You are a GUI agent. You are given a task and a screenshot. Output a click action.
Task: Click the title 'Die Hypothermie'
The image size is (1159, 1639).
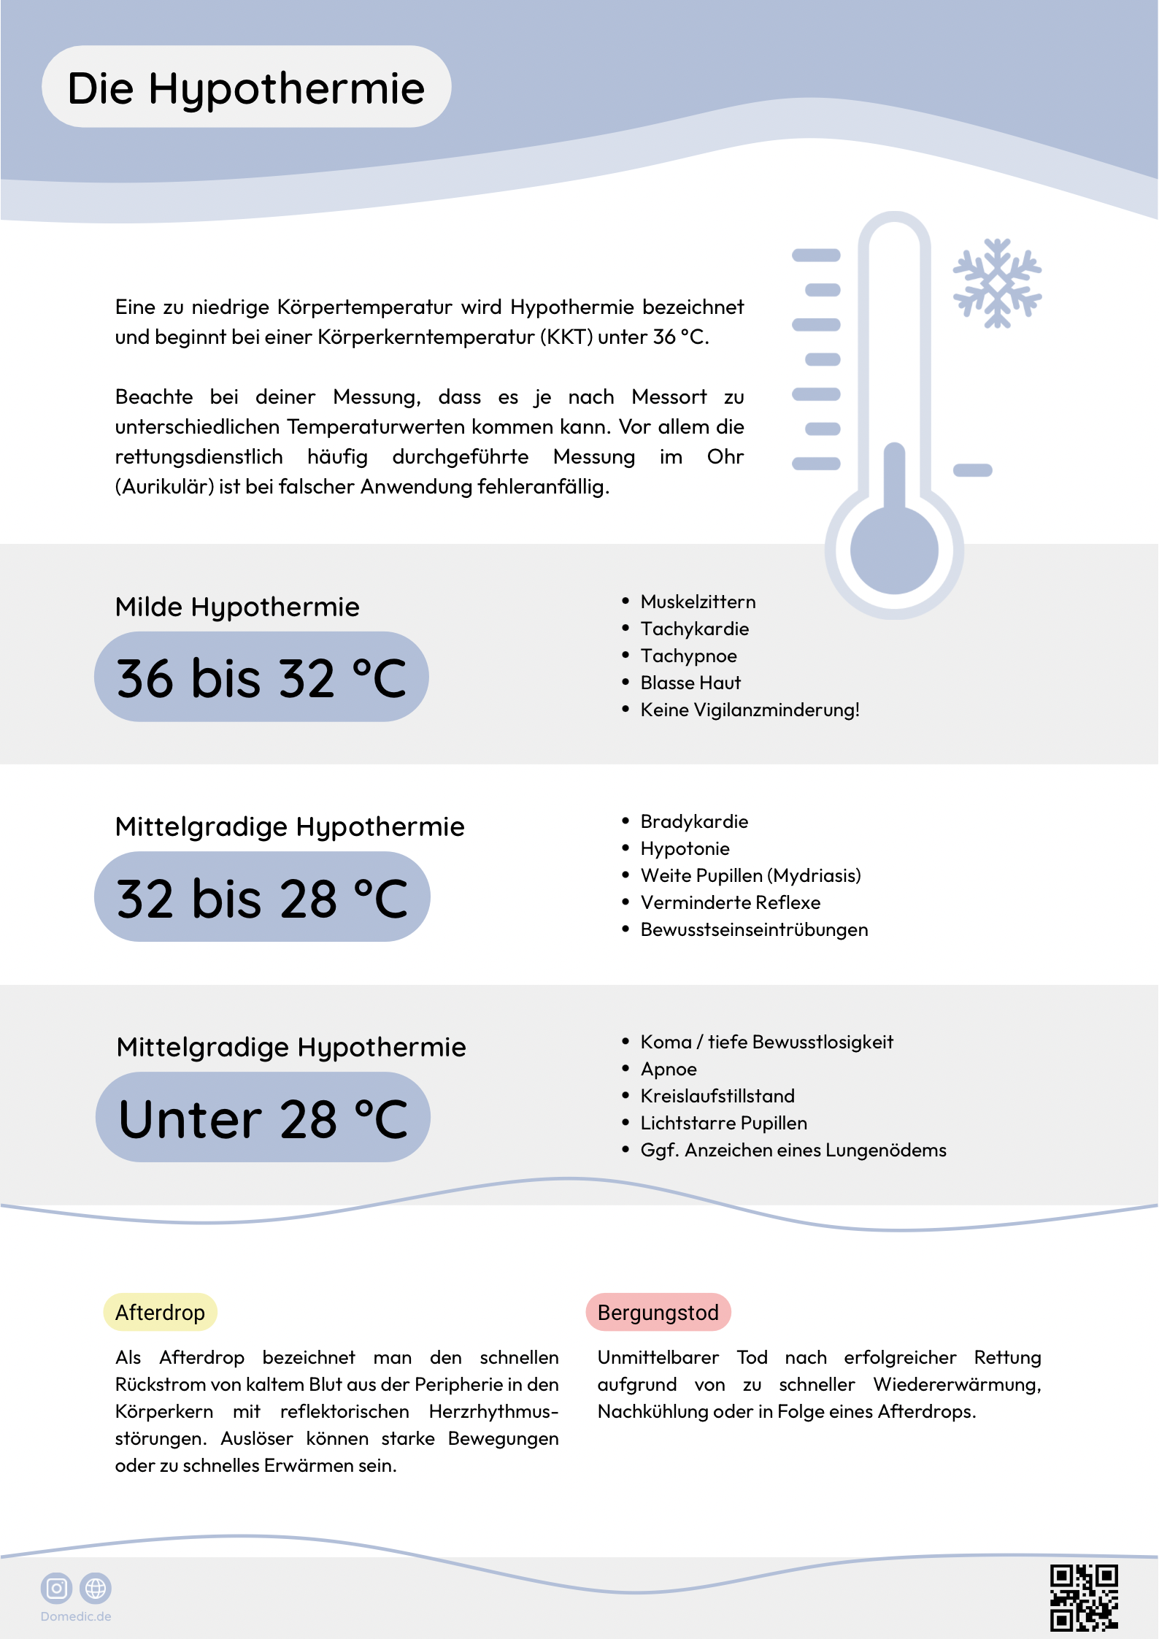pyautogui.click(x=246, y=88)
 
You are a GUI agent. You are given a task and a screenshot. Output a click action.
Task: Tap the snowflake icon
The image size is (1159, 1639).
pyautogui.click(x=997, y=283)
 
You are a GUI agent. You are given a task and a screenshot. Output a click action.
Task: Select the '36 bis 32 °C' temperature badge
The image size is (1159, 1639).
pyautogui.click(x=261, y=678)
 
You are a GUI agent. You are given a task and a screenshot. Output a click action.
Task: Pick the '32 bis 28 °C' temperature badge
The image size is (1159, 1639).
pyautogui.click(x=262, y=897)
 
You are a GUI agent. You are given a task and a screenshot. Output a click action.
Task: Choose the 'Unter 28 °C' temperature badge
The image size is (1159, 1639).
pyautogui.click(x=263, y=1118)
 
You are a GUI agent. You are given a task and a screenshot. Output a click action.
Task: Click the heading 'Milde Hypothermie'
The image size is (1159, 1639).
pyautogui.click(x=237, y=607)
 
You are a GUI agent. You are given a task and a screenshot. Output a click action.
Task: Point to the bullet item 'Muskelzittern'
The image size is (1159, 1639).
pyautogui.click(x=698, y=602)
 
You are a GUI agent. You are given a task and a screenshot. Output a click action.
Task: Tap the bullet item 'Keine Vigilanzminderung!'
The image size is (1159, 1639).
pyautogui.click(x=750, y=710)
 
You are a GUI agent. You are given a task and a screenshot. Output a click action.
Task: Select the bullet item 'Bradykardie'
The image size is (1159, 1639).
pyautogui.click(x=694, y=821)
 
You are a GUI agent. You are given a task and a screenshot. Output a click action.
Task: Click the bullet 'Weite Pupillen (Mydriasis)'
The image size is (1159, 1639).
pyautogui.click(x=750, y=875)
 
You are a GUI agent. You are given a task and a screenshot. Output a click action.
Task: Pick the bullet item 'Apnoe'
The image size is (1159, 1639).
pyautogui.click(x=669, y=1069)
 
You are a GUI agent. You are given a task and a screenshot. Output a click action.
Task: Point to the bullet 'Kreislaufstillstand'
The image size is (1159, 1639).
pyautogui.click(x=717, y=1096)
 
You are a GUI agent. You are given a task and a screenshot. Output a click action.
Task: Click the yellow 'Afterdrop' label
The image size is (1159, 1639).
pyautogui.click(x=160, y=1312)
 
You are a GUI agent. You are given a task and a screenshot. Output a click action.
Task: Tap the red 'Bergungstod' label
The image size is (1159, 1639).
pyautogui.click(x=658, y=1312)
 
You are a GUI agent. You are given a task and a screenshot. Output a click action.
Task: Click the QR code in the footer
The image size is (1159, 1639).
pyautogui.click(x=1084, y=1597)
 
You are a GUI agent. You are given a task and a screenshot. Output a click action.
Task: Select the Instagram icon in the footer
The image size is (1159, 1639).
pyautogui.click(x=56, y=1588)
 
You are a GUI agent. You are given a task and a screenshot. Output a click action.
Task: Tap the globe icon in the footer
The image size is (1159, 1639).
pyautogui.click(x=96, y=1588)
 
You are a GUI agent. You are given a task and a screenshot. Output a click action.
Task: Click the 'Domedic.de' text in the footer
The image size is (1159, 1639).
pyautogui.click(x=76, y=1616)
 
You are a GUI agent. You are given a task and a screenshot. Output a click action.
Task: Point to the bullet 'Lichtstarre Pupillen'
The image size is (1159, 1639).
pyautogui.click(x=723, y=1123)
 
